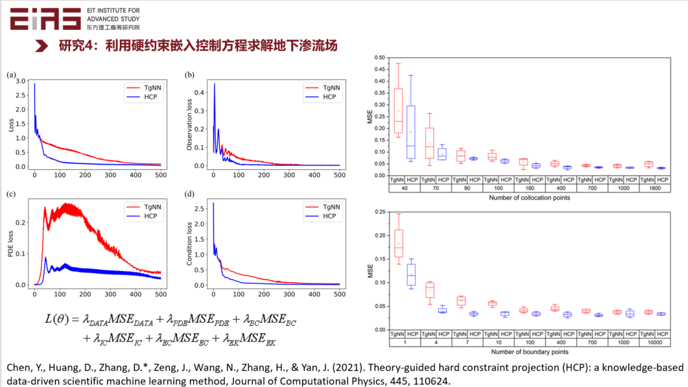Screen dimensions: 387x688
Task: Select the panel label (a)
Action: click(x=11, y=74)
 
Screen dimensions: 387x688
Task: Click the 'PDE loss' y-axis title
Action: click(x=10, y=242)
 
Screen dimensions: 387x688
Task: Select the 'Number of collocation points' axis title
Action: click(x=529, y=198)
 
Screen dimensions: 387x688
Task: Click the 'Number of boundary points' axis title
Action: click(x=529, y=351)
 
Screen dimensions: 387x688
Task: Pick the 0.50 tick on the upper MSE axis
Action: click(x=380, y=58)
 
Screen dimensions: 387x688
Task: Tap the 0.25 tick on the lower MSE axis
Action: click(x=380, y=212)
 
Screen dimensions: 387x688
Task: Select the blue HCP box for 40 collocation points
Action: click(x=411, y=132)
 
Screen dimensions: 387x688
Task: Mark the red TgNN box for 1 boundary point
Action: click(x=398, y=243)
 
